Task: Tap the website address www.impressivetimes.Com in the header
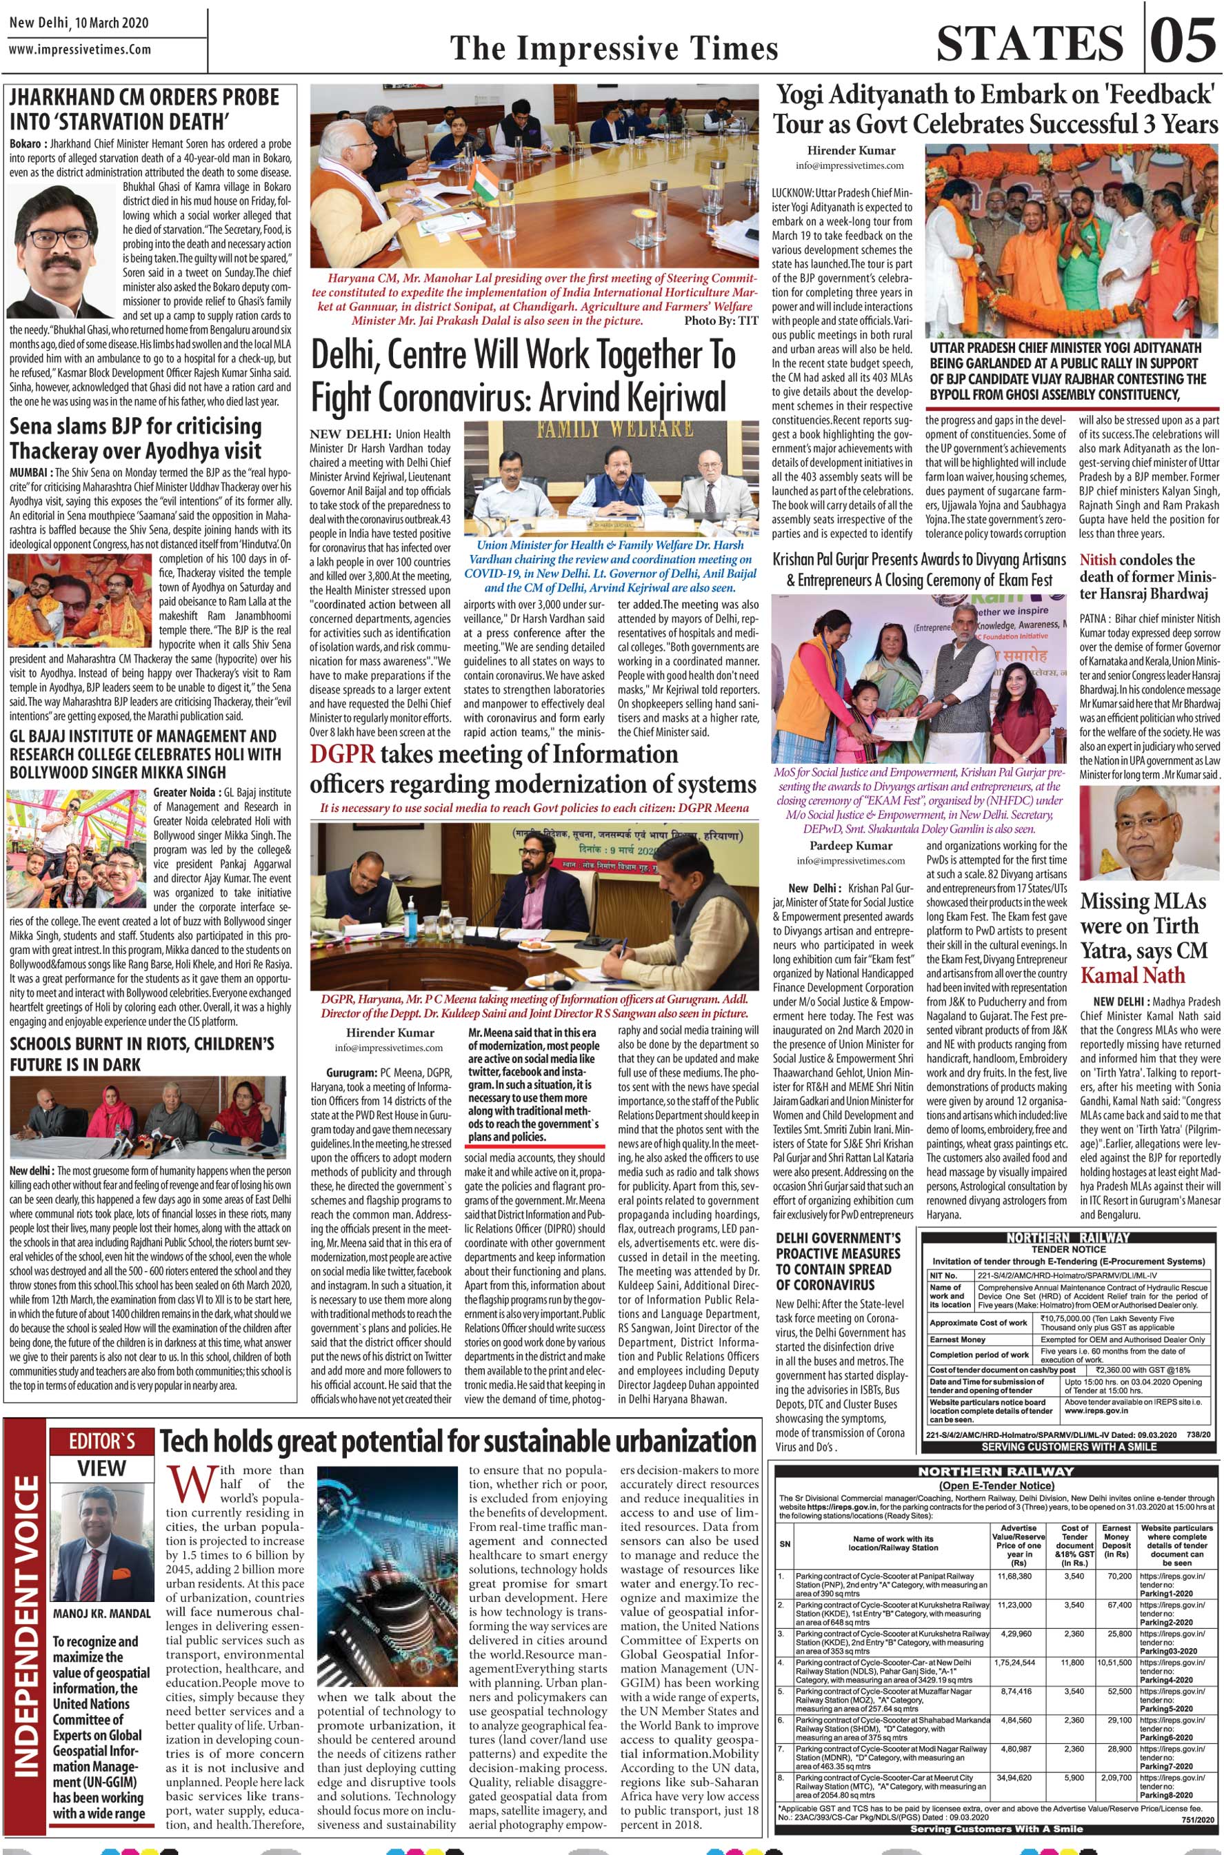tap(79, 50)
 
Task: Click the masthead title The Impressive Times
tap(614, 49)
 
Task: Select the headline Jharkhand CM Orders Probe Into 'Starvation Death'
tap(143, 109)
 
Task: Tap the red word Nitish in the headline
tap(1098, 560)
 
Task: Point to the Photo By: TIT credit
tap(720, 321)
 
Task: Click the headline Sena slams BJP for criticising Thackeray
tap(136, 438)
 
